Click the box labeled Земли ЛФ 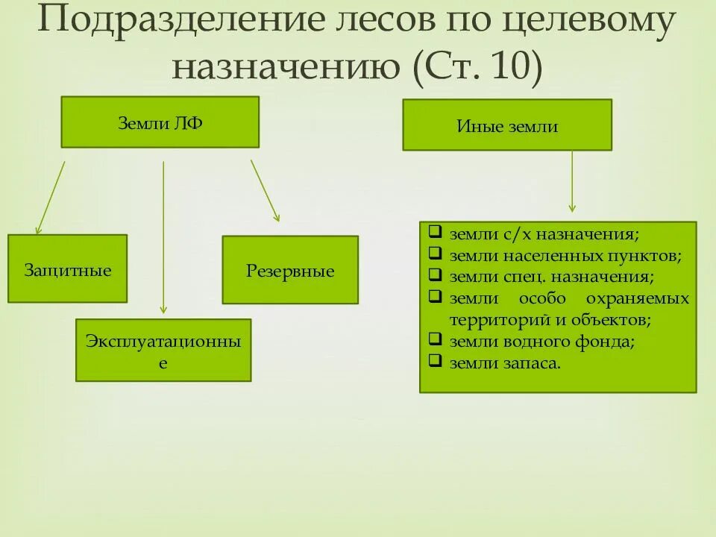pyautogui.click(x=160, y=122)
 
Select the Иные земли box pyautogui.click(x=507, y=125)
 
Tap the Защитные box pyautogui.click(x=67, y=269)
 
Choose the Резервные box pyautogui.click(x=290, y=270)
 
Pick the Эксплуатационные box pyautogui.click(x=163, y=351)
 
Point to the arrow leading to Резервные pyautogui.click(x=265, y=191)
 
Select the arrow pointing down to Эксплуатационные pyautogui.click(x=163, y=239)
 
